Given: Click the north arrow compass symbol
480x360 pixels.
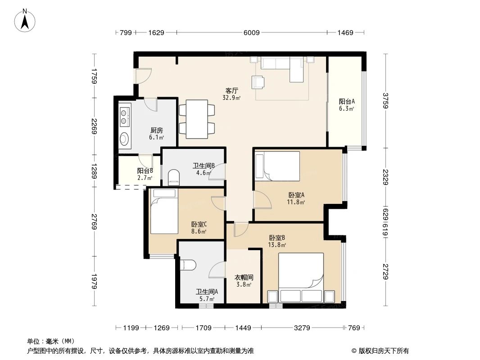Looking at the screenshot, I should click(26, 20).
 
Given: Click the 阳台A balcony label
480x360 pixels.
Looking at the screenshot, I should click(347, 101).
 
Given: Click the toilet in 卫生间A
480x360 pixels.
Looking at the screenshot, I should click(188, 265).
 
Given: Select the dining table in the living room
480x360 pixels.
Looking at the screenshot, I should click(197, 119).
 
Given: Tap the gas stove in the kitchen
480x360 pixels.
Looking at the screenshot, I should click(124, 115).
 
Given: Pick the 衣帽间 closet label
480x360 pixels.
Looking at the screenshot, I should click(244, 278).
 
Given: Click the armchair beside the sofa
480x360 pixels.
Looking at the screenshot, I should click(259, 82).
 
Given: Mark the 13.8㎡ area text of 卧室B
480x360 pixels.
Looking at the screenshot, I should click(278, 245).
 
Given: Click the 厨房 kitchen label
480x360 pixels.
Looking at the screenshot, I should click(156, 130).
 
